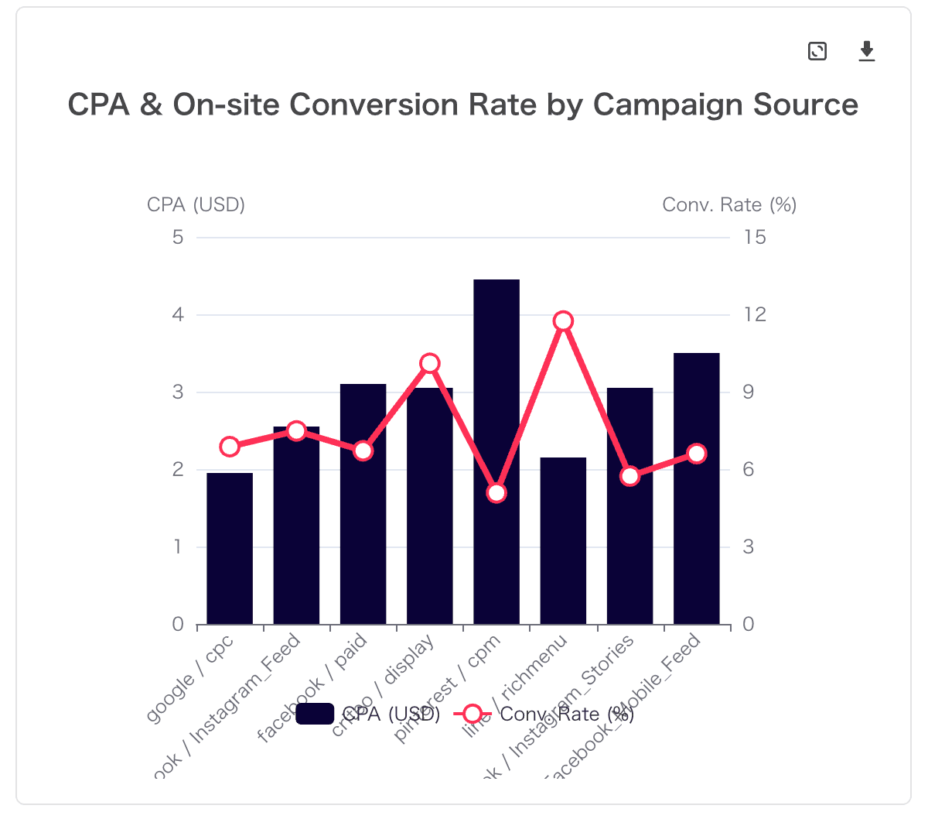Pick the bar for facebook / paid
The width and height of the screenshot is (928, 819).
363,503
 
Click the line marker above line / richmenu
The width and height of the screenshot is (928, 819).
563,321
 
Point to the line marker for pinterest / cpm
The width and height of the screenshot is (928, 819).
496,493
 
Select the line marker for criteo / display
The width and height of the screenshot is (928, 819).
430,363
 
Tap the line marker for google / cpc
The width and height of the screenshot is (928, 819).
230,447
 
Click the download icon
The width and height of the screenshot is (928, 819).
867,52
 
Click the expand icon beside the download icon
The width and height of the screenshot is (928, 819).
817,52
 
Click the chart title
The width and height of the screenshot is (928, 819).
462,105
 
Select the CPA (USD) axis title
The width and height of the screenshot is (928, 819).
196,204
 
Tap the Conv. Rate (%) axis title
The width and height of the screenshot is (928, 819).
729,204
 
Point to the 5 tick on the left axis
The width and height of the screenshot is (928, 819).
179,237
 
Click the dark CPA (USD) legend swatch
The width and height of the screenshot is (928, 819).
315,714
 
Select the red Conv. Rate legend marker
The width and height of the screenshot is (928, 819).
473,714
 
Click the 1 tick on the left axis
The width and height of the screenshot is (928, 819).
179,547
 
